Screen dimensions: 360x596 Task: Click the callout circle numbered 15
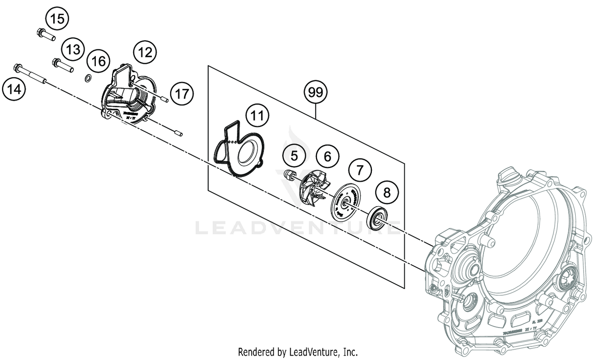tap(57, 19)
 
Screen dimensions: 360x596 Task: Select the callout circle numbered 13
tap(73, 50)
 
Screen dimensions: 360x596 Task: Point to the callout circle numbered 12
tap(145, 52)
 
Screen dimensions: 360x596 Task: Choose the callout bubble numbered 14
tap(14, 89)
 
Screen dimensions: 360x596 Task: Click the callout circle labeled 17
tap(182, 94)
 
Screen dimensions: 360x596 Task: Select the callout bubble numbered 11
tap(257, 116)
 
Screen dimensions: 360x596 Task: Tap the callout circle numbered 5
tap(294, 156)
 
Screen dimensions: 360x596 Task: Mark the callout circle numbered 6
tap(327, 156)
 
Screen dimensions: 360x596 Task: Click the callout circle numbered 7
tap(360, 170)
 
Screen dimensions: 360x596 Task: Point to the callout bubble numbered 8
tap(387, 193)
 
